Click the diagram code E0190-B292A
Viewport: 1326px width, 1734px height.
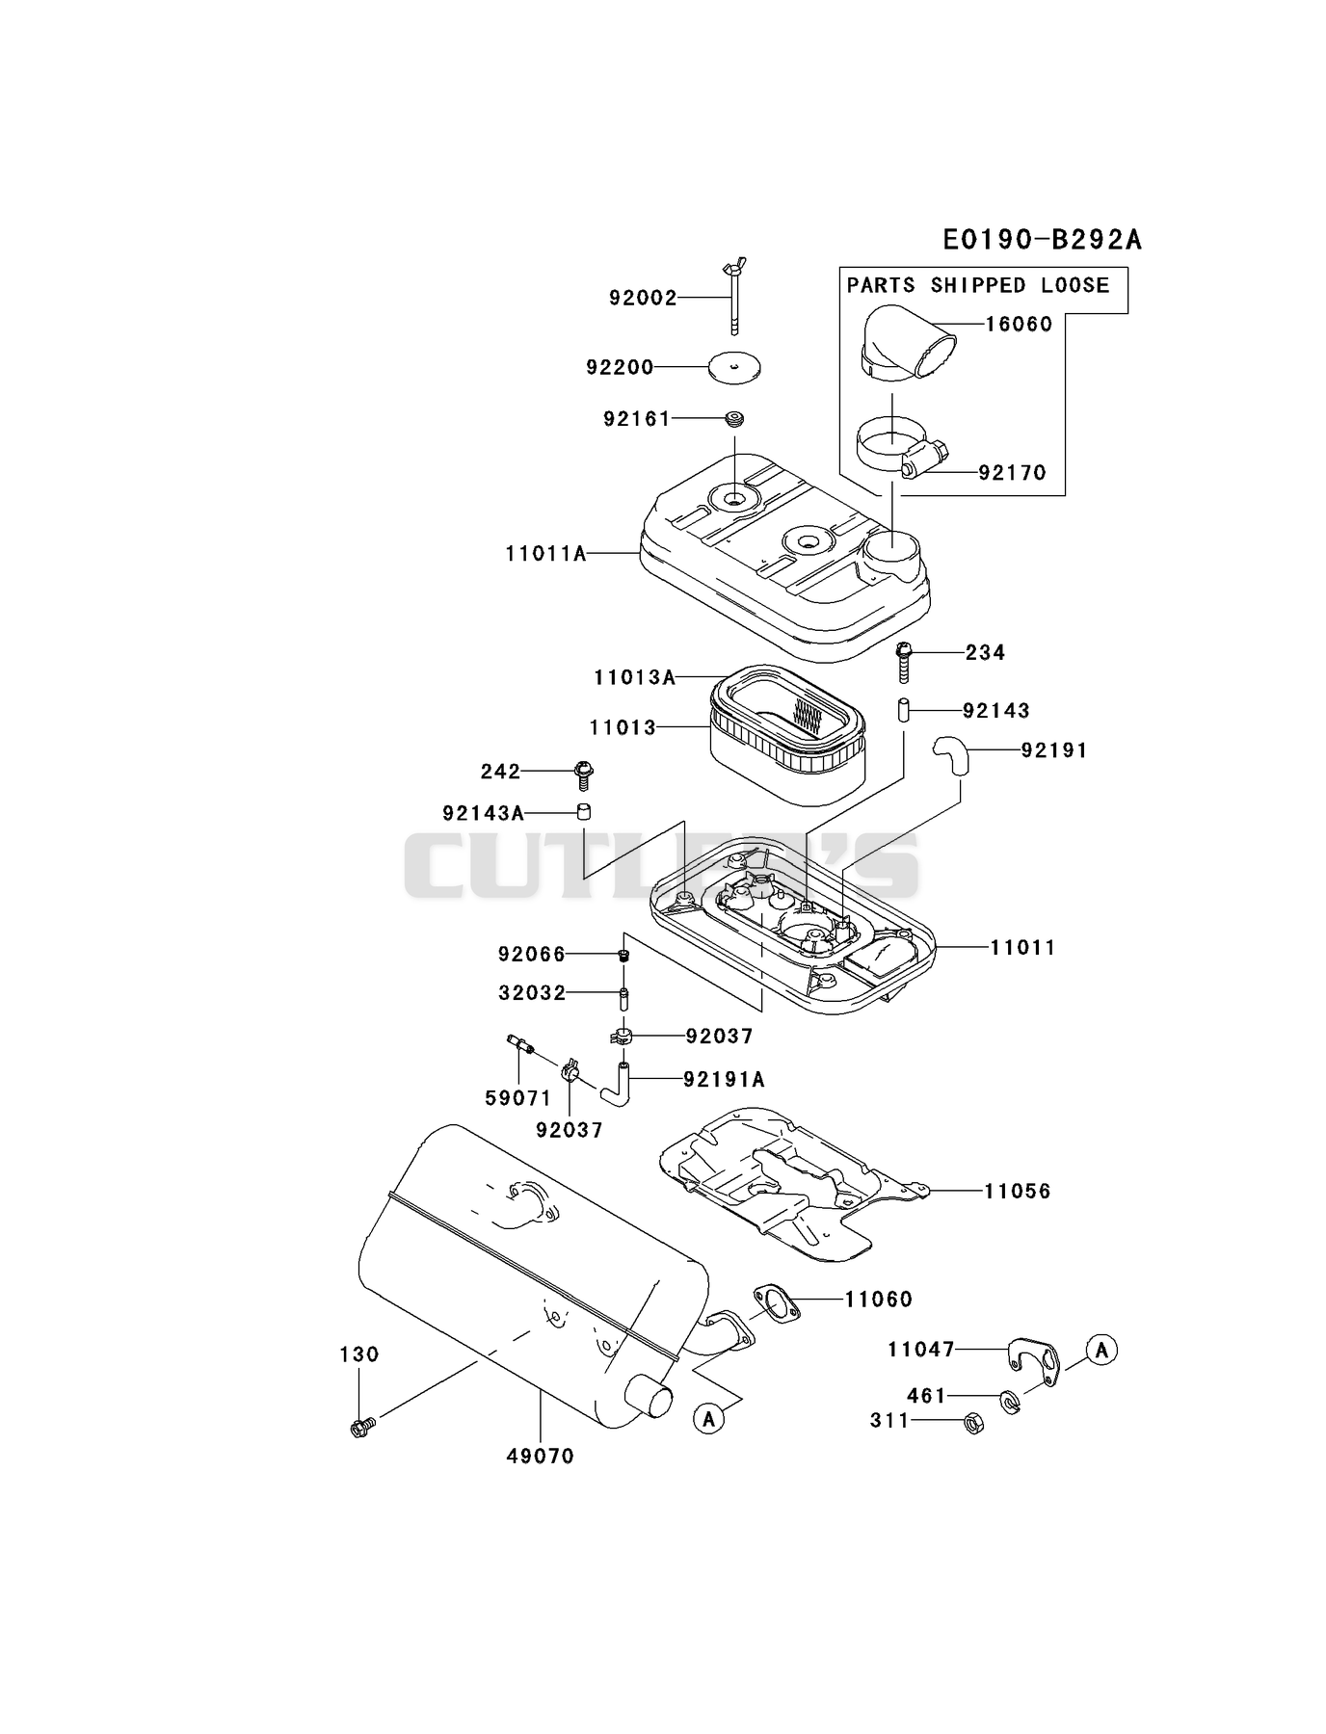point(1042,239)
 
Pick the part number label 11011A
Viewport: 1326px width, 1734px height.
point(545,554)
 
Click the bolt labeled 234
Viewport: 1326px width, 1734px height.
point(904,661)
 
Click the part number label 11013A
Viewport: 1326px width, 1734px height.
point(634,677)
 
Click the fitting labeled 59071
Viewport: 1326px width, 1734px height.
point(520,1044)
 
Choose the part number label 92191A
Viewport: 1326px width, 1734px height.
point(724,1080)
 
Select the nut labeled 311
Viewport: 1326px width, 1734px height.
point(973,1424)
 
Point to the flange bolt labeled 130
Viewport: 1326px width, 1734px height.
point(362,1426)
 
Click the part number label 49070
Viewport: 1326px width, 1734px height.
point(541,1457)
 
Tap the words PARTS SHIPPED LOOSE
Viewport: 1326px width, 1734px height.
point(978,285)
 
